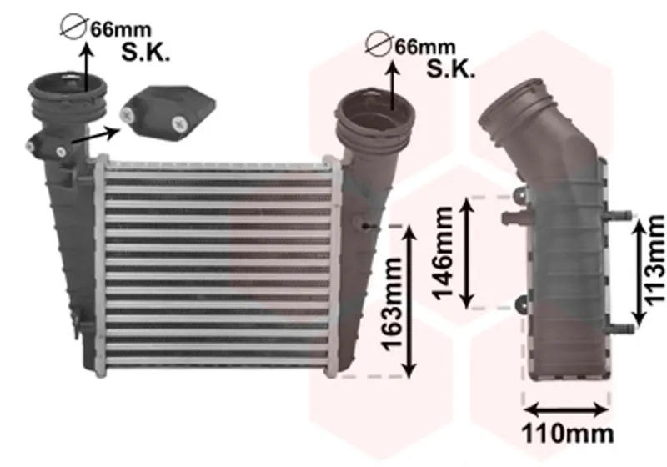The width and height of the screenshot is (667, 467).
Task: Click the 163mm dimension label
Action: point(392,304)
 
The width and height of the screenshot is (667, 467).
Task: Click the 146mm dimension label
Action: point(443,253)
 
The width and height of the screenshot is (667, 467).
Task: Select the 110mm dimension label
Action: point(568,434)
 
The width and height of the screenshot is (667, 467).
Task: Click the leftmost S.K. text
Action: point(145,53)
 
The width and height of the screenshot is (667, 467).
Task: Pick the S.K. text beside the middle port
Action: point(450,68)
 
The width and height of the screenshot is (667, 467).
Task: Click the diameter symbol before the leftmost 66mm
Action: point(74,27)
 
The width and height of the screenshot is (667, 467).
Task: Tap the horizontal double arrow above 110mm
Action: point(566,410)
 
